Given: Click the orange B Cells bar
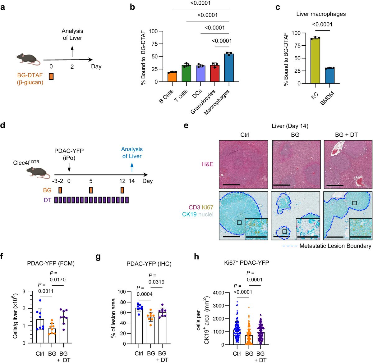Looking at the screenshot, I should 172,77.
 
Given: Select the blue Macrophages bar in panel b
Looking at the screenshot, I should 229,68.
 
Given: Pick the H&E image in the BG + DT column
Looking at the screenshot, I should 348,164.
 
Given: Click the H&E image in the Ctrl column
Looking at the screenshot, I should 243,164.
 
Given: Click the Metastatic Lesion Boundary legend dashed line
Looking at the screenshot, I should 289,246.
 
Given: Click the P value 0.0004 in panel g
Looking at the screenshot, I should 144,294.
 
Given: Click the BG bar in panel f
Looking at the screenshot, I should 52,336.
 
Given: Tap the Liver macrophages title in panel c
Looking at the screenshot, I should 321,14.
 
